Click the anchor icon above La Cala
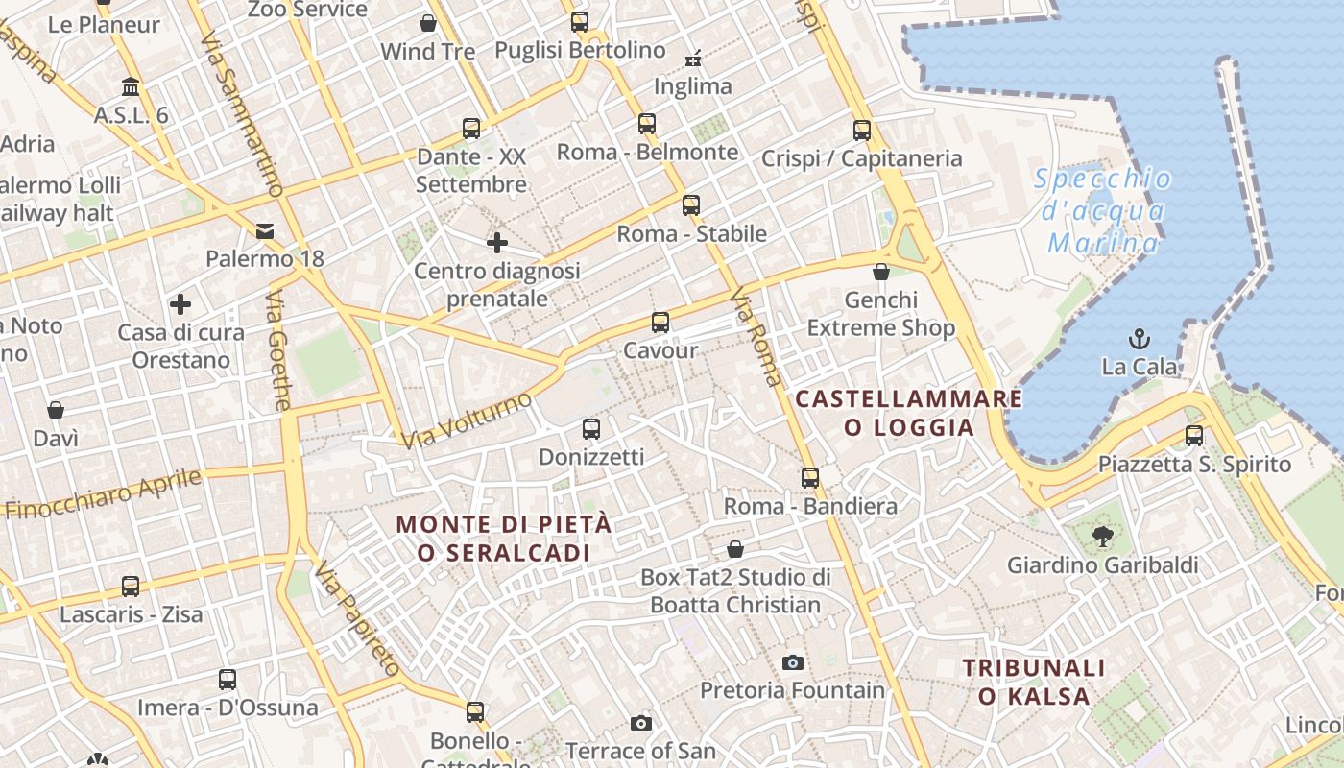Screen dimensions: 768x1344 [1140, 338]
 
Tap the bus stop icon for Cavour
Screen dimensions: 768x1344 [660, 323]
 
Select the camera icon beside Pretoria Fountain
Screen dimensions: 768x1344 [792, 662]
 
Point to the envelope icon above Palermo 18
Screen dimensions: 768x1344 [265, 230]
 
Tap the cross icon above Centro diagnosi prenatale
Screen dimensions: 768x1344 [496, 243]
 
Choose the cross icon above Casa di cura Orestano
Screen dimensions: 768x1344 [180, 305]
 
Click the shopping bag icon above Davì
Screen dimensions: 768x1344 [56, 410]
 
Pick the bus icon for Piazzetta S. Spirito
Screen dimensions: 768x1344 [1194, 436]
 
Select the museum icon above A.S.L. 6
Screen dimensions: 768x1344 [131, 87]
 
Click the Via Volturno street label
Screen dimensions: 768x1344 [467, 420]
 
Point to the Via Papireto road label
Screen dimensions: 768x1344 [356, 618]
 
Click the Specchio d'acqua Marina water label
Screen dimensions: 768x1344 [1104, 210]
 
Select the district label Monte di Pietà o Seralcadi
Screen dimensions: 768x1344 [504, 539]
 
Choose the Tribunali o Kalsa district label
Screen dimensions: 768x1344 [1034, 682]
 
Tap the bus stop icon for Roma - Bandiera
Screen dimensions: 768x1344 [810, 477]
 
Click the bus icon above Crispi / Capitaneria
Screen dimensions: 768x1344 [862, 131]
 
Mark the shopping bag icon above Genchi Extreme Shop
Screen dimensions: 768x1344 [881, 272]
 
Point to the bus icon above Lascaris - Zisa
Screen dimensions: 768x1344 [131, 586]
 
